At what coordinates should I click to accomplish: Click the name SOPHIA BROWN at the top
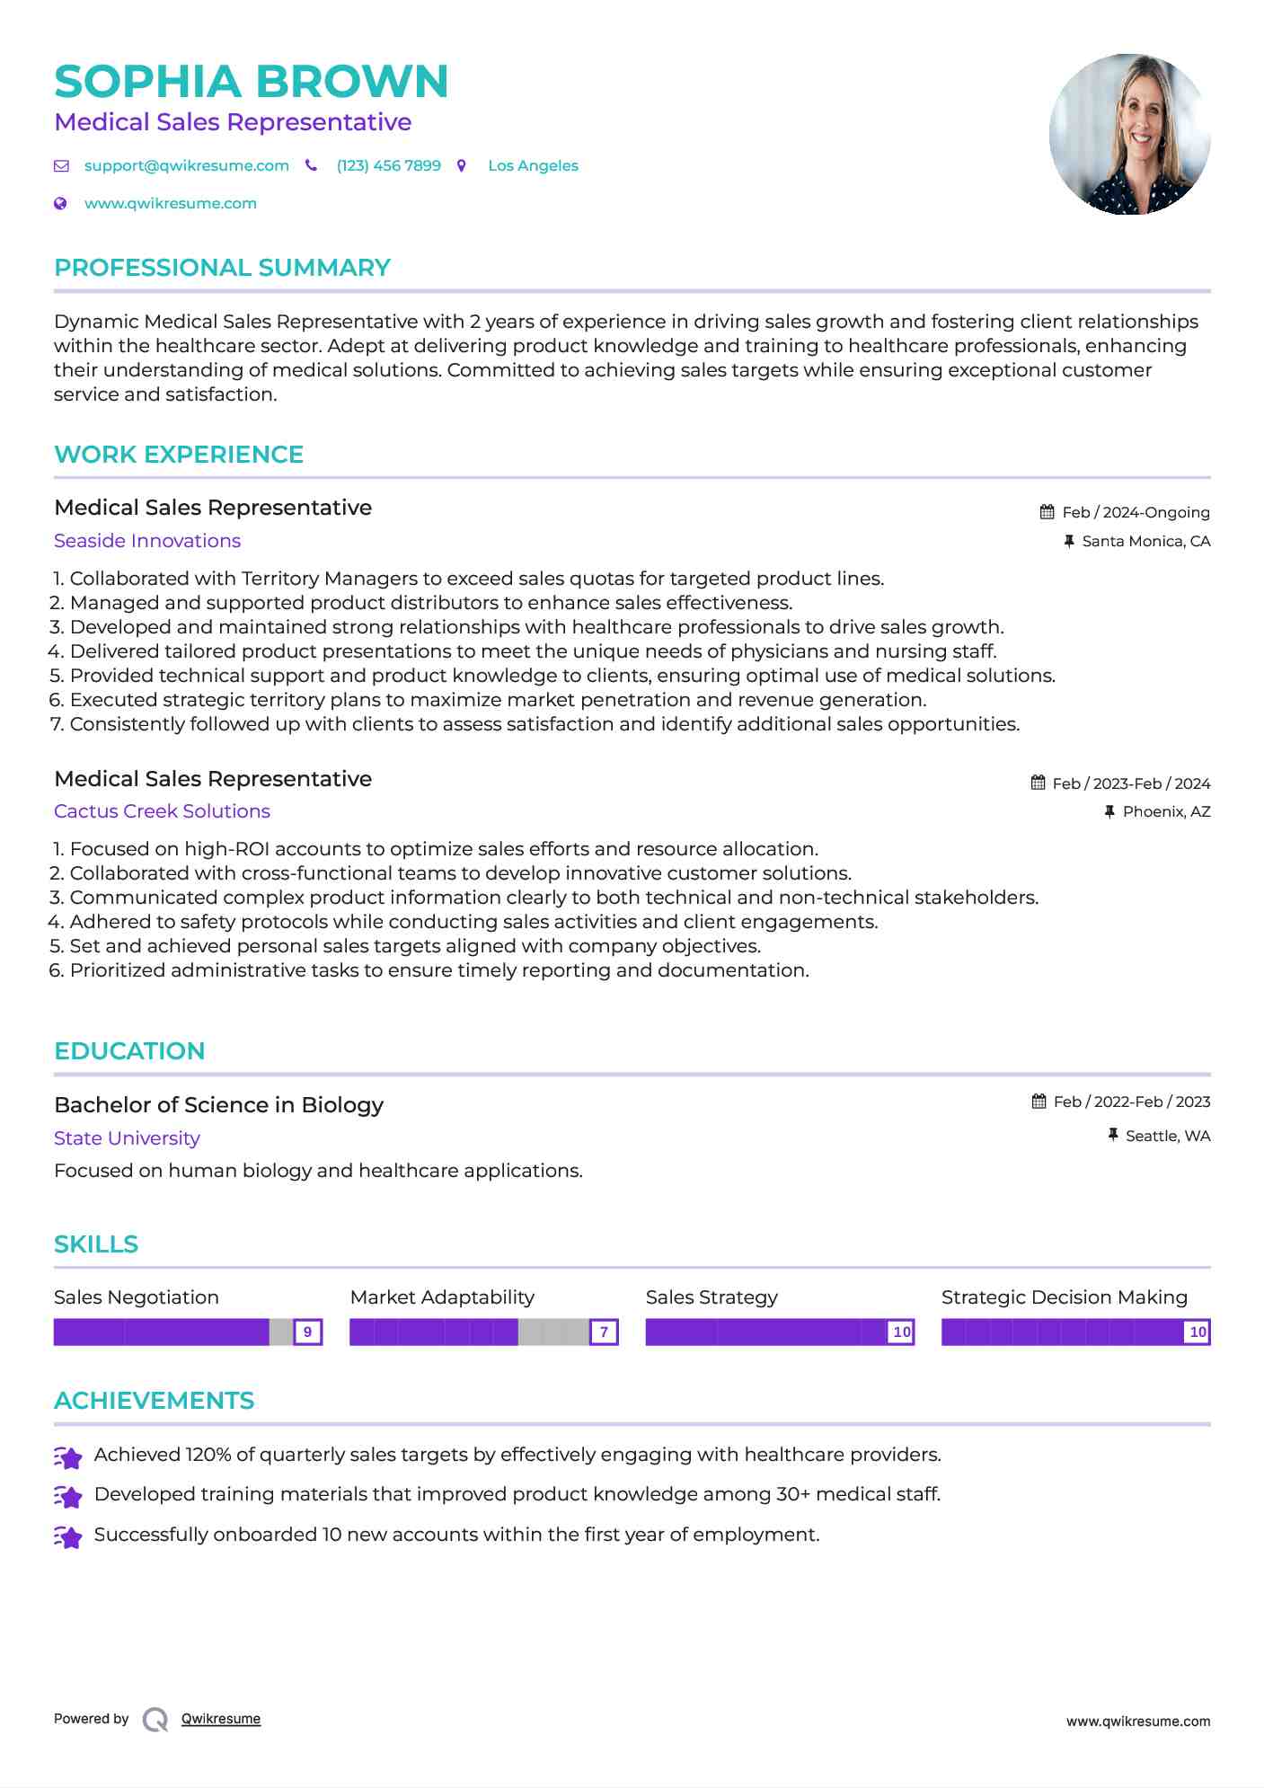click(251, 82)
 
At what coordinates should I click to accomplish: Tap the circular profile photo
click(1129, 134)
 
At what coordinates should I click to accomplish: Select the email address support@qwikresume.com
click(186, 166)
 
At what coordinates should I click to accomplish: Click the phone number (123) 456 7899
click(388, 166)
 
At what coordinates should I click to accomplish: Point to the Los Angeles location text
click(533, 166)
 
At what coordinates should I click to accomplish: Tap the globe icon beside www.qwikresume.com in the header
click(60, 204)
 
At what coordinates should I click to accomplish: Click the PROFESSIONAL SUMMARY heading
click(222, 268)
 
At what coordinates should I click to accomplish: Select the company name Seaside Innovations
click(147, 541)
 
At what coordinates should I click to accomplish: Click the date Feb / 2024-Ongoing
click(1136, 513)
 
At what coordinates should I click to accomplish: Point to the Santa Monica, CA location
click(1145, 542)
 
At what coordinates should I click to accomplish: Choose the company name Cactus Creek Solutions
click(162, 811)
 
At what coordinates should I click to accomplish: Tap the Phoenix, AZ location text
click(1166, 812)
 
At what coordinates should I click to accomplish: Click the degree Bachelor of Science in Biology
click(218, 1105)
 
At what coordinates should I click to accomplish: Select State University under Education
click(127, 1138)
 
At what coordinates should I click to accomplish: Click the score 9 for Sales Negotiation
click(308, 1332)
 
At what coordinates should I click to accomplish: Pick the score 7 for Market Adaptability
click(604, 1332)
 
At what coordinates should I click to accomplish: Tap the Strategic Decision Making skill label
click(1064, 1297)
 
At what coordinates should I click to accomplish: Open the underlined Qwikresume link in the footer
click(221, 1719)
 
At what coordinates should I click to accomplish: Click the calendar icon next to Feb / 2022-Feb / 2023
click(1039, 1102)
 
